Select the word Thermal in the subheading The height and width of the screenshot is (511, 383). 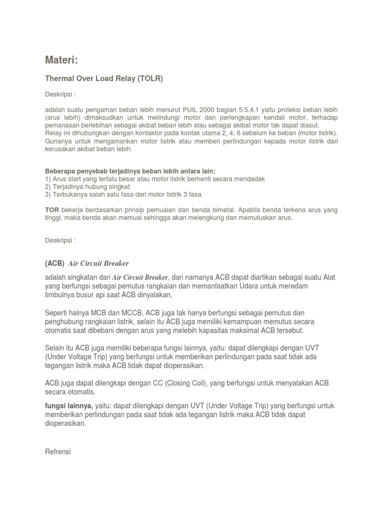60,78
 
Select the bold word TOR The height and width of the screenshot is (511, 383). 52,210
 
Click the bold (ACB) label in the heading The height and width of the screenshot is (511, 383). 54,263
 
